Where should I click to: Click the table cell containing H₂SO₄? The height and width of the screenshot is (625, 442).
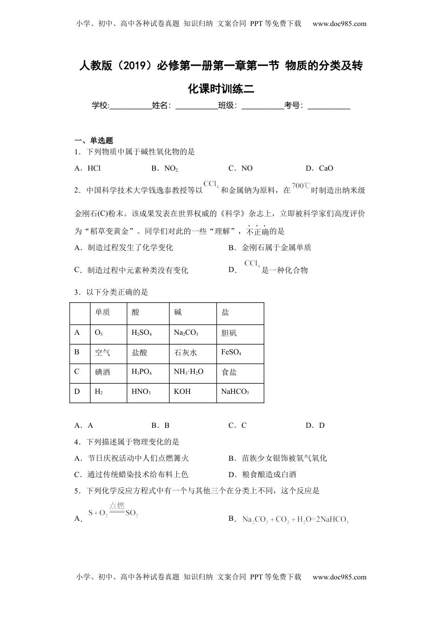pyautogui.click(x=148, y=333)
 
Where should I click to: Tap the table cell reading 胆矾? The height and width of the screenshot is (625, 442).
pyautogui.click(x=240, y=333)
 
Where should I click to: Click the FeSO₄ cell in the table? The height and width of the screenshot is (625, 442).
pyautogui.click(x=240, y=352)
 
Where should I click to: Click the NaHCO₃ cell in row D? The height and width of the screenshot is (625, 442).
pyautogui.click(x=240, y=392)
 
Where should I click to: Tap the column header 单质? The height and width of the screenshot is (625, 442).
pyautogui.click(x=108, y=312)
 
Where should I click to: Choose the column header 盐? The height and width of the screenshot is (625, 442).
pyautogui.click(x=240, y=312)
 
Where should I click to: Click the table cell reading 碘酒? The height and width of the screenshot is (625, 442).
pyautogui.click(x=108, y=372)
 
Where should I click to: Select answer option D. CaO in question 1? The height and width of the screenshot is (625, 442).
pyautogui.click(x=319, y=168)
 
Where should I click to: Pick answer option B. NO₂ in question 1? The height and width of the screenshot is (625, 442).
pyautogui.click(x=165, y=168)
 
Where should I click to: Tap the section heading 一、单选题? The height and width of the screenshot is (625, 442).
pyautogui.click(x=94, y=140)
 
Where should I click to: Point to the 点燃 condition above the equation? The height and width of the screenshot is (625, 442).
pyautogui.click(x=117, y=505)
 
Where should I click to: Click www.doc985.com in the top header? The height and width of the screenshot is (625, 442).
pyautogui.click(x=339, y=24)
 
